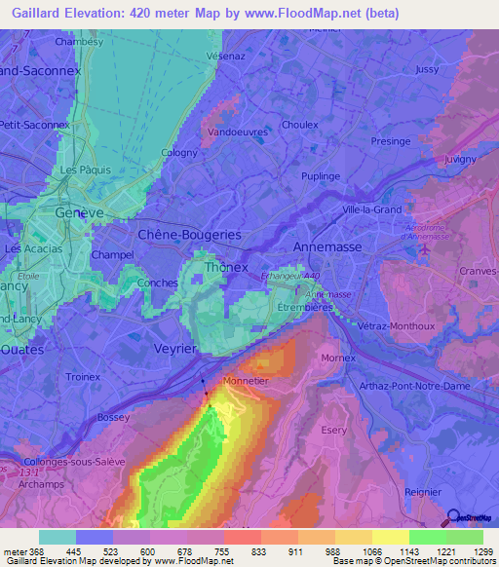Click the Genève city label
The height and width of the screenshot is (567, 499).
coord(79,212)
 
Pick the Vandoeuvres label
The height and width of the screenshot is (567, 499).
coord(239,131)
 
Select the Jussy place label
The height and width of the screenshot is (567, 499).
coord(427,70)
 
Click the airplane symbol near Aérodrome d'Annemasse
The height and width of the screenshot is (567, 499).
coord(425,248)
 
